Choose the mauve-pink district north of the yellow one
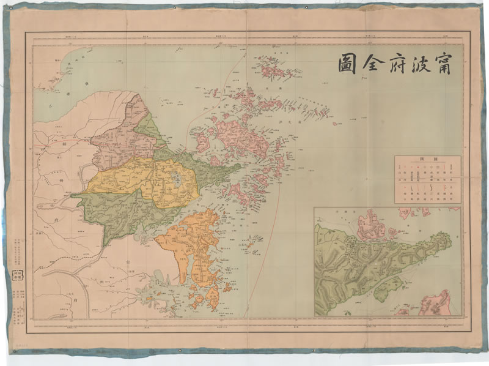pyautogui.click(x=122, y=138)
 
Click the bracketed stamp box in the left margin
pyautogui.click(x=29, y=275)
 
